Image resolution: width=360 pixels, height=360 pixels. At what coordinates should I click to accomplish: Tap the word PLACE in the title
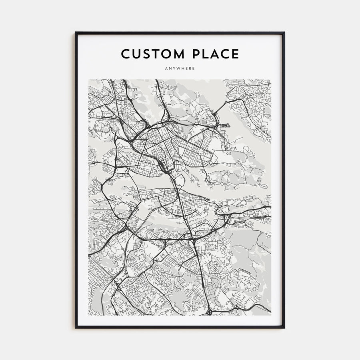coord(216,54)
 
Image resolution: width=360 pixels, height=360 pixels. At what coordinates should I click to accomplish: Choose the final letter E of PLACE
coord(236,54)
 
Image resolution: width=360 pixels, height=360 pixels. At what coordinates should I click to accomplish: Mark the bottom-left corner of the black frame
coord(76,328)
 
